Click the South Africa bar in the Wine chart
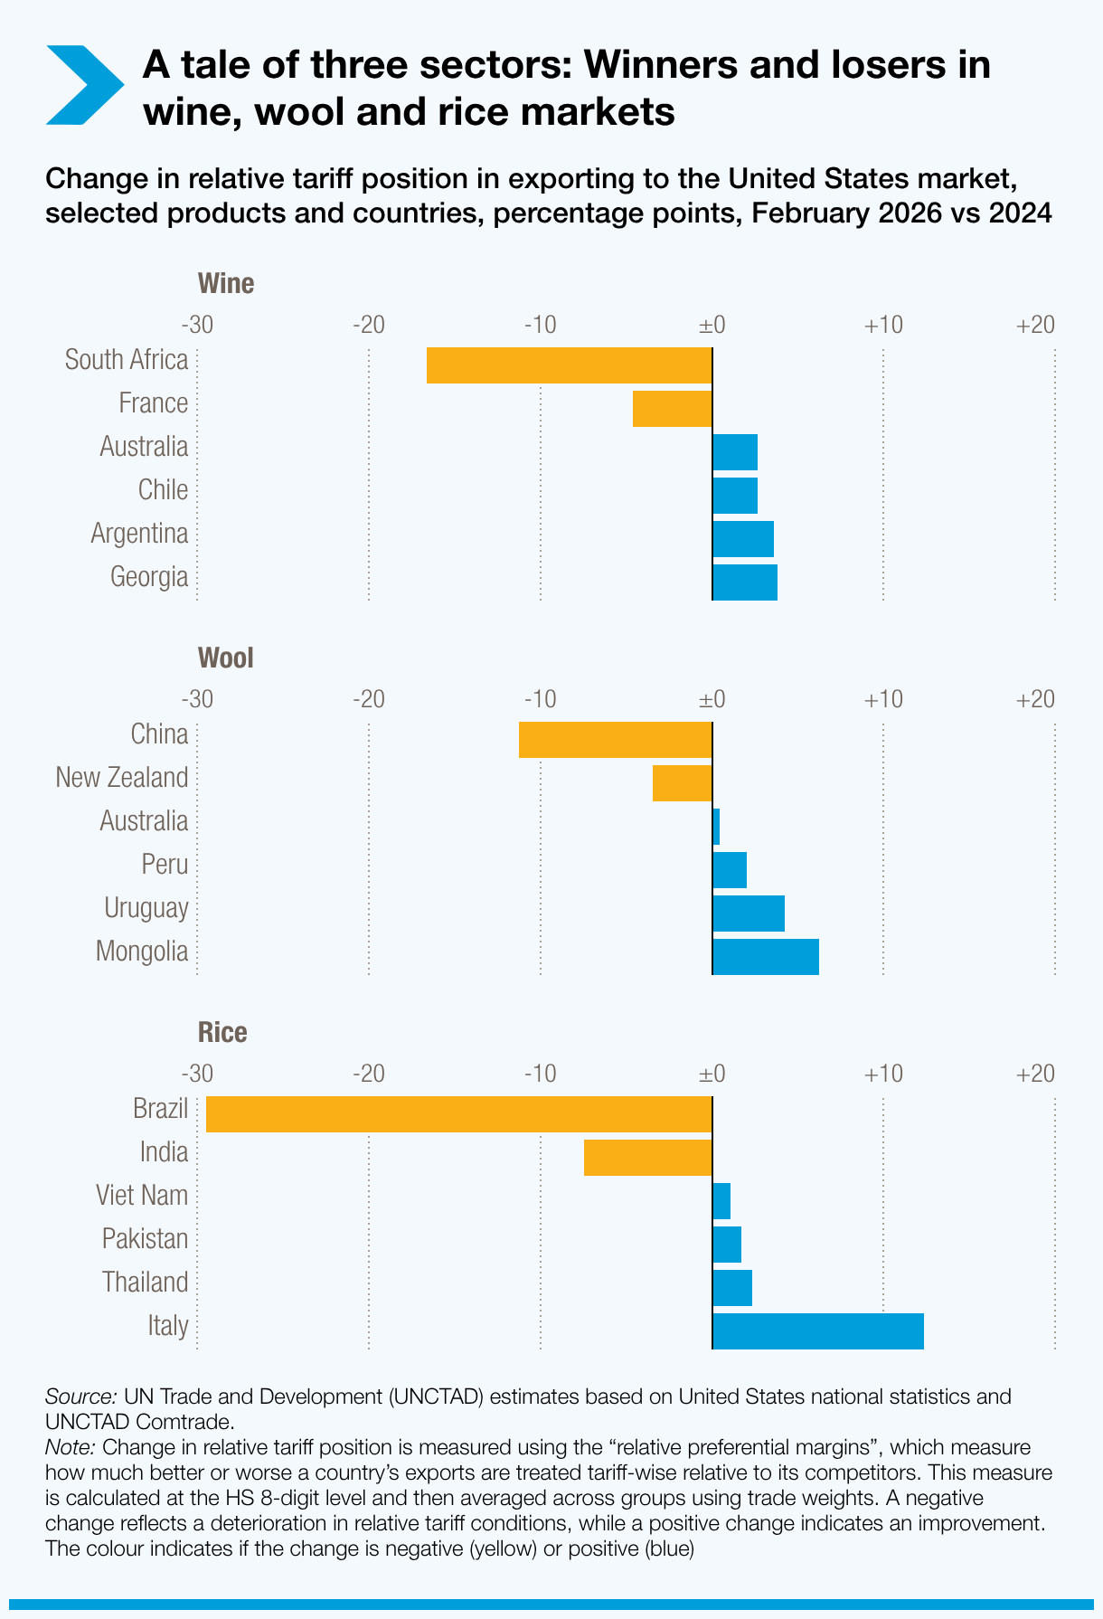point(569,365)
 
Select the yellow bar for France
point(672,409)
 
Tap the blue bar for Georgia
point(745,582)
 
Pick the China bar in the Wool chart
point(615,740)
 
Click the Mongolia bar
point(766,957)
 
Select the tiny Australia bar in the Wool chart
point(716,827)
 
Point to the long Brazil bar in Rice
point(459,1114)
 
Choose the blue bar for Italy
point(818,1331)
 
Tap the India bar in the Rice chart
point(647,1158)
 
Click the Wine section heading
point(226,284)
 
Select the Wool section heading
point(226,658)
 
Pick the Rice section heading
point(222,1033)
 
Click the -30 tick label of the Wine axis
point(197,325)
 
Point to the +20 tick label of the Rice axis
point(1035,1074)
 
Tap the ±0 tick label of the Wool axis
point(712,699)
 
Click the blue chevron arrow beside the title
point(83,85)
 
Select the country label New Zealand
point(122,778)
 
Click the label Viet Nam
point(142,1196)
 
